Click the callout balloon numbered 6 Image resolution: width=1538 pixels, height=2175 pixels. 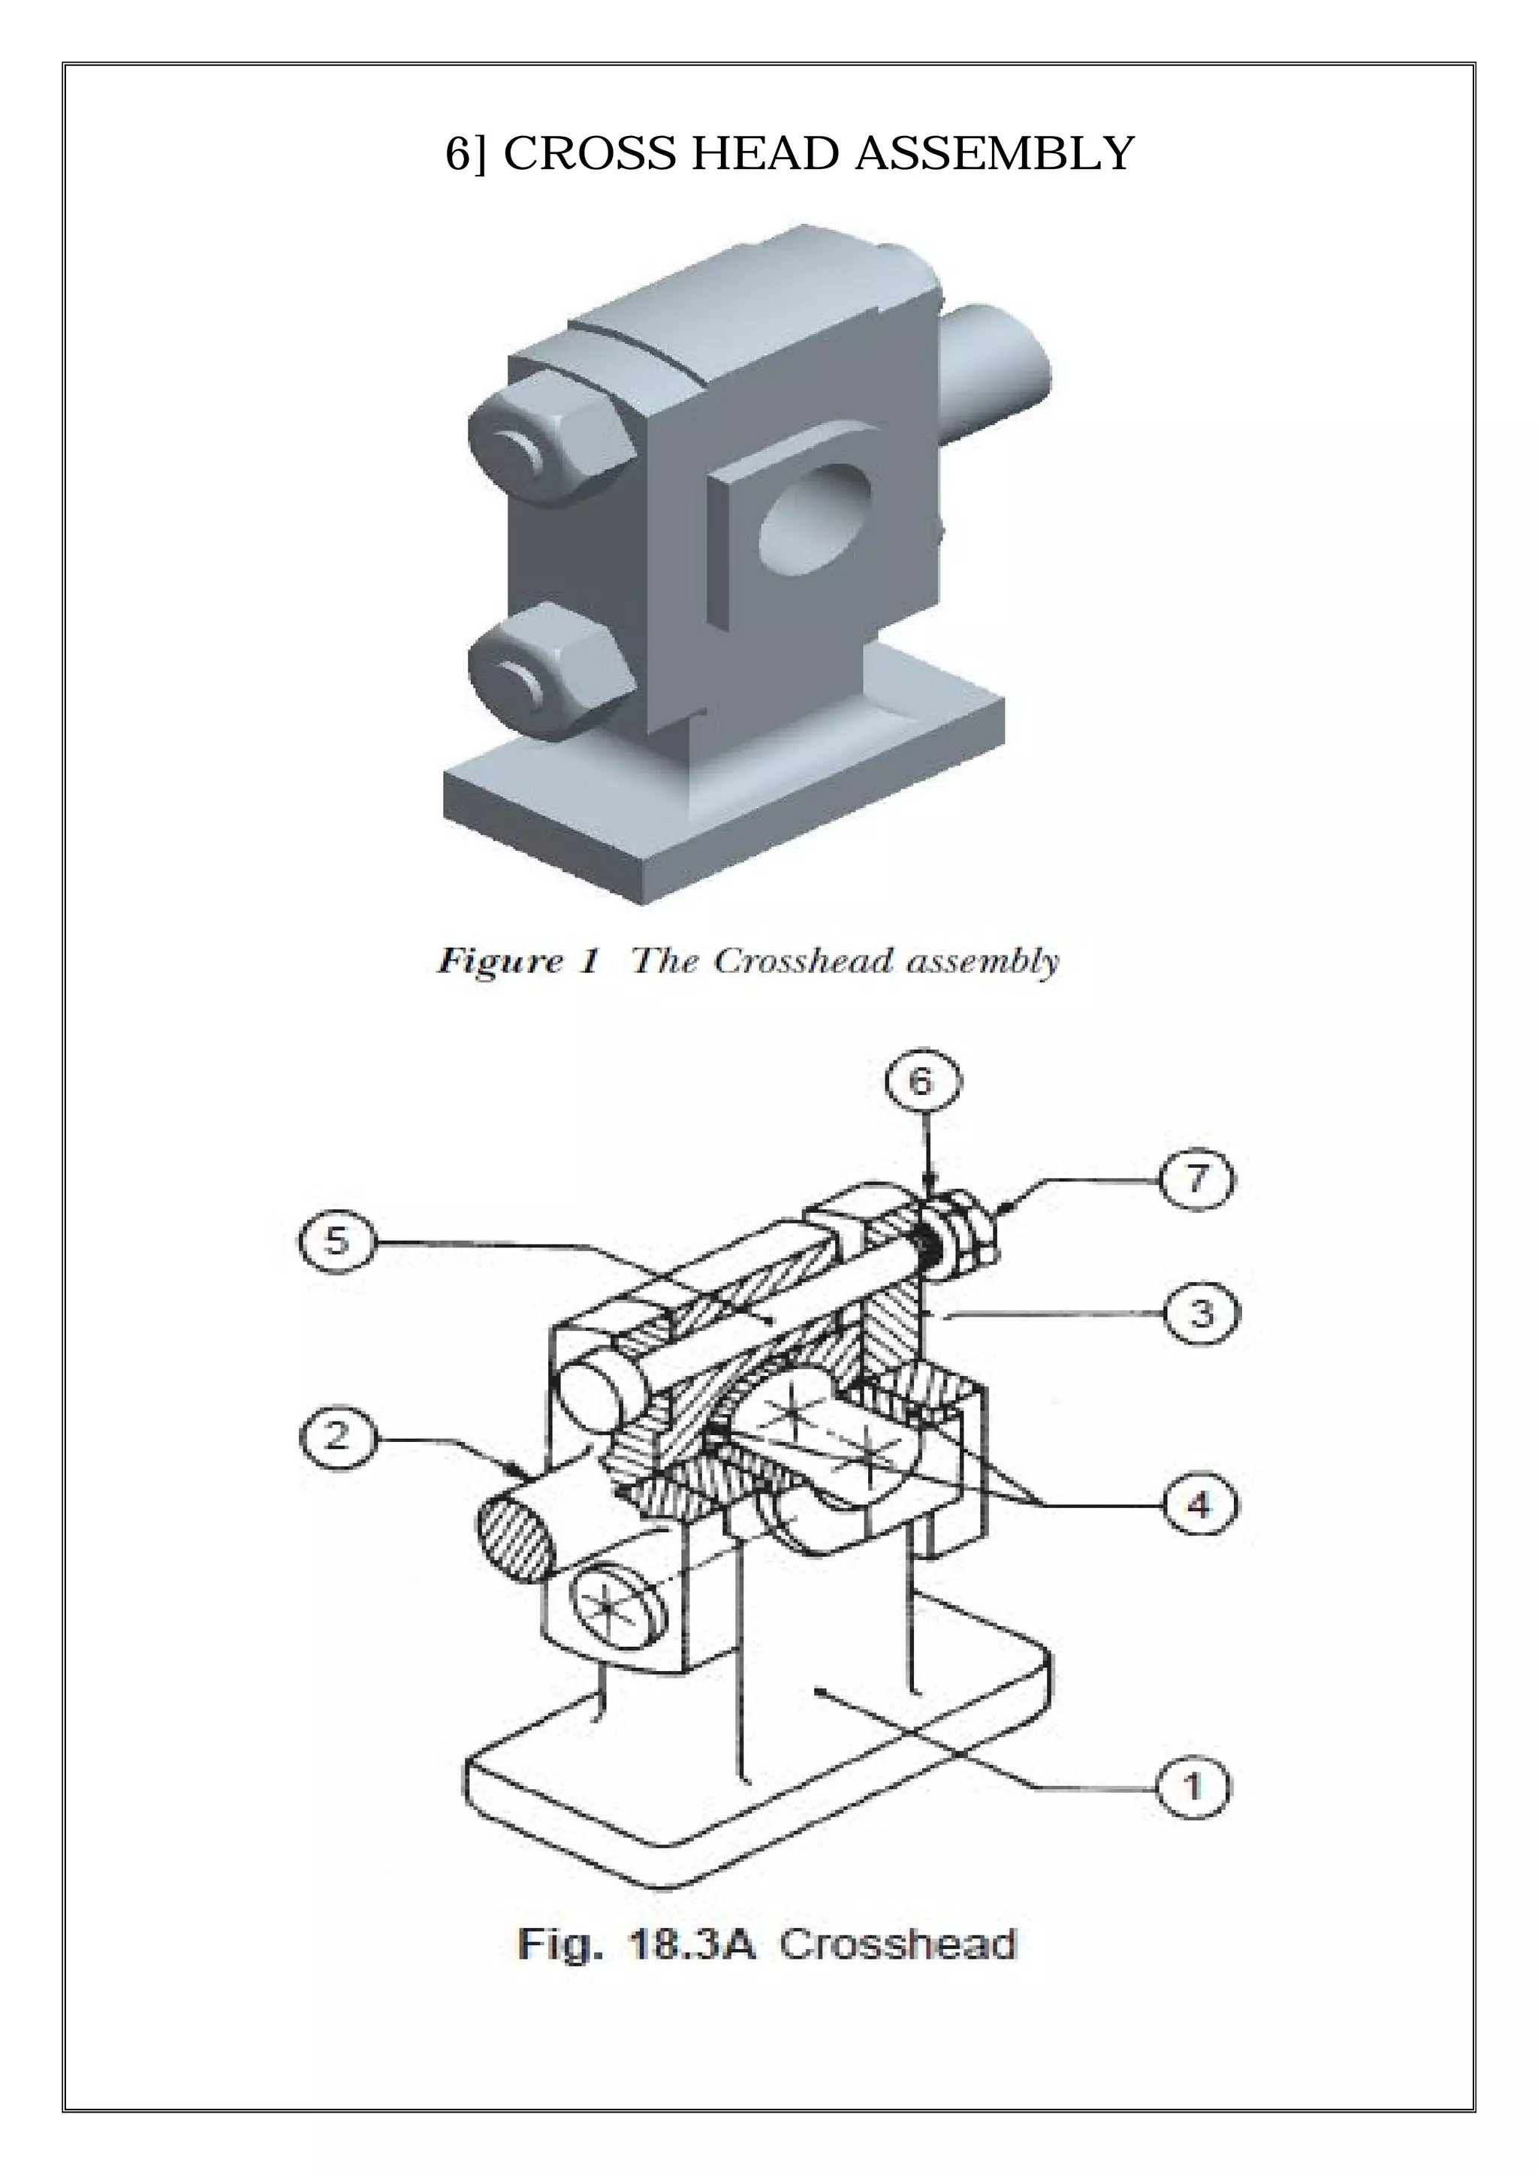(x=922, y=1081)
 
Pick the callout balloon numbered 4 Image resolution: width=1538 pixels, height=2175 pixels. (x=1199, y=1504)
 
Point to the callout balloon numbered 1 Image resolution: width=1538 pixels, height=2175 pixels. (x=1193, y=1787)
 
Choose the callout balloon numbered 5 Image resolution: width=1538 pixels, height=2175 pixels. (x=337, y=1241)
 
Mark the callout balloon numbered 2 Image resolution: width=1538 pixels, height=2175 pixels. (x=337, y=1437)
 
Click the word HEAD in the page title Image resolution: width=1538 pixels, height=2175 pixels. (x=768, y=153)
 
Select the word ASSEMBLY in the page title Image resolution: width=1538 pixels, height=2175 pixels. (x=994, y=153)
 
